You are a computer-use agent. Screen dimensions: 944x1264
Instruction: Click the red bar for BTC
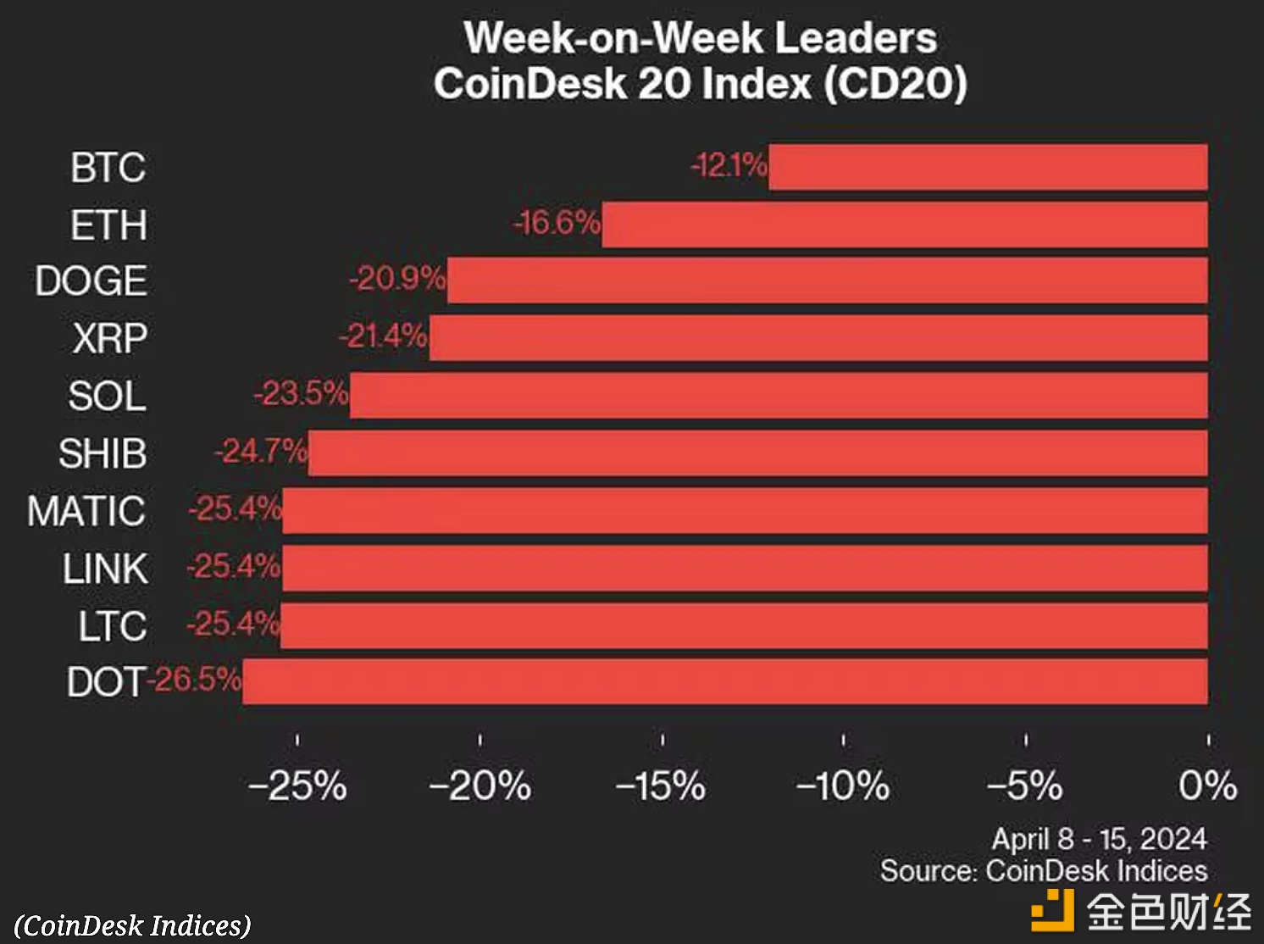[988, 167]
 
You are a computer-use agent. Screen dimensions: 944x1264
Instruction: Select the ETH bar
[905, 225]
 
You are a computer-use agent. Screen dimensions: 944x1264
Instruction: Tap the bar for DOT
[724, 681]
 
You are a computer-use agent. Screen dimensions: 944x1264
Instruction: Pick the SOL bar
[779, 396]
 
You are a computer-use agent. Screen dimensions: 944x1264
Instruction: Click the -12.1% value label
[729, 164]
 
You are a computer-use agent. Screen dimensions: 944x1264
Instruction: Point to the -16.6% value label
[557, 223]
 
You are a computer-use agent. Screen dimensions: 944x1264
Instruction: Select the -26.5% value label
[195, 680]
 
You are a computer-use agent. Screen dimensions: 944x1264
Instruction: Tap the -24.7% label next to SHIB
[260, 452]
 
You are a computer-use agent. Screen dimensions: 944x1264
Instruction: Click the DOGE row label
[91, 281]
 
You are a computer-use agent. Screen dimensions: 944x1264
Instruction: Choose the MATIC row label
[86, 511]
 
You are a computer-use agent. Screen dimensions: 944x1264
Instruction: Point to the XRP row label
[109, 339]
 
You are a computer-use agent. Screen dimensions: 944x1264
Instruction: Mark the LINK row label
[105, 569]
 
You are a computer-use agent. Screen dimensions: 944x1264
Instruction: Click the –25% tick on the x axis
[297, 786]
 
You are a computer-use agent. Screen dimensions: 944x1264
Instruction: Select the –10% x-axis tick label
[843, 786]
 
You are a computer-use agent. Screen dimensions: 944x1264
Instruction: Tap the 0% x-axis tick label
[1207, 786]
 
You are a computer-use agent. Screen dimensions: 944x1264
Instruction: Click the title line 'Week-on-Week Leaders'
[701, 38]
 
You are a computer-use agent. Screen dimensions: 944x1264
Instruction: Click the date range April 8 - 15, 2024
[1099, 839]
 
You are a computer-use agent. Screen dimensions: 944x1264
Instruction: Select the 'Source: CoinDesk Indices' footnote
[1044, 871]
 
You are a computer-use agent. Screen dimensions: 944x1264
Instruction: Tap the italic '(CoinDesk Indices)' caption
[133, 925]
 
